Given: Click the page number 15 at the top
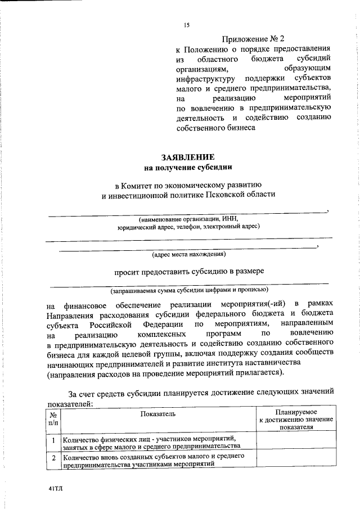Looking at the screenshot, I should (187, 25).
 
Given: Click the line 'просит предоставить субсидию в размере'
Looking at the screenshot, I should (189, 271).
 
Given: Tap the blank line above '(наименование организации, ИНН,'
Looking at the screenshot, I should (186, 211).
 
